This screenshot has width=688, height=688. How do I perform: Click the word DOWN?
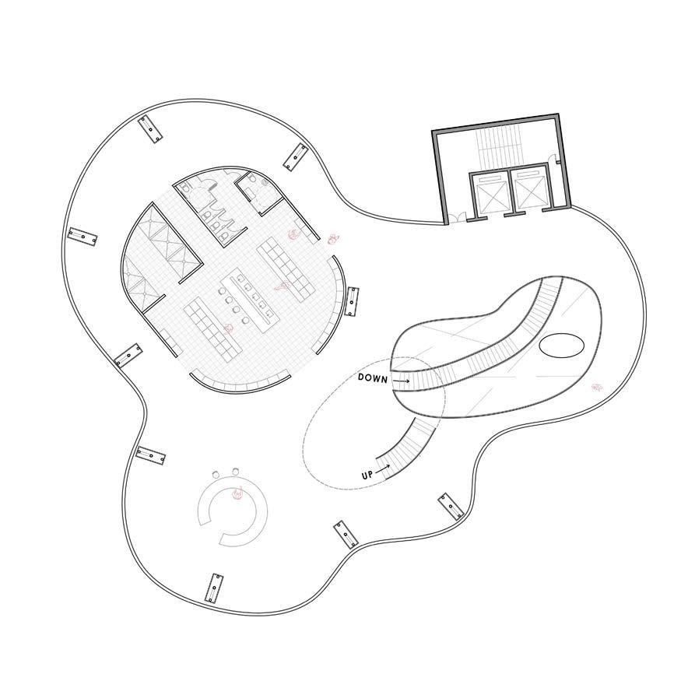coord(373,377)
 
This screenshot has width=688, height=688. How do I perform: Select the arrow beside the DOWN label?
coord(401,381)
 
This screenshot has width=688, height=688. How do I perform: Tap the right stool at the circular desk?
coord(234,471)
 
